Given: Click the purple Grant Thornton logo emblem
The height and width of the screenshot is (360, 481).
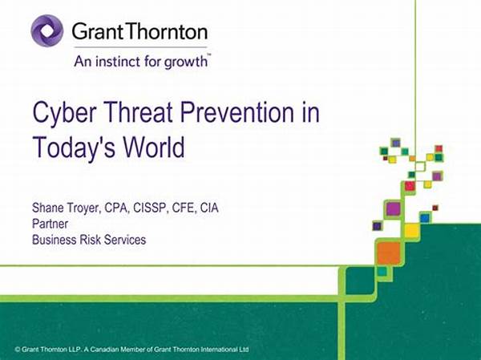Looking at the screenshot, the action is (47, 31).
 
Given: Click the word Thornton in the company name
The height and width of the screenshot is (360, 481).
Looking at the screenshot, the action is (167, 31).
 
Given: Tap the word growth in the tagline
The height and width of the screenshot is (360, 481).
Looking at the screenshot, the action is (186, 63).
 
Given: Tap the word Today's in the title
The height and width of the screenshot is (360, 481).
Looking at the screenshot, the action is (74, 148).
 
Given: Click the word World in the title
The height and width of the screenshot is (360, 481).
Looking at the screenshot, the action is (154, 147).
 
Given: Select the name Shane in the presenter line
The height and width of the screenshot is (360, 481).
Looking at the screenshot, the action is (47, 208).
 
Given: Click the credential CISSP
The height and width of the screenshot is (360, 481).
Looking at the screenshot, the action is (151, 208).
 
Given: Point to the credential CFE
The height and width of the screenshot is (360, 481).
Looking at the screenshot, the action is (184, 208).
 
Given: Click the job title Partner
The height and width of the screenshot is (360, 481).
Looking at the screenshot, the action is (50, 224).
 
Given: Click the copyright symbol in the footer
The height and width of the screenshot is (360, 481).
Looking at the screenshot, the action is (18, 350).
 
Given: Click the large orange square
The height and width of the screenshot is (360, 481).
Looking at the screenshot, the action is (389, 253).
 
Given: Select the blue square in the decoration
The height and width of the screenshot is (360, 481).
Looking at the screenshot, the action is (425, 218).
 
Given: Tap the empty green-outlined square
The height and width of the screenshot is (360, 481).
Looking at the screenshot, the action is (420, 166).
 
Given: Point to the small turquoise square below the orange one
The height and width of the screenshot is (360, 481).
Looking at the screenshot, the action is (382, 271).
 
